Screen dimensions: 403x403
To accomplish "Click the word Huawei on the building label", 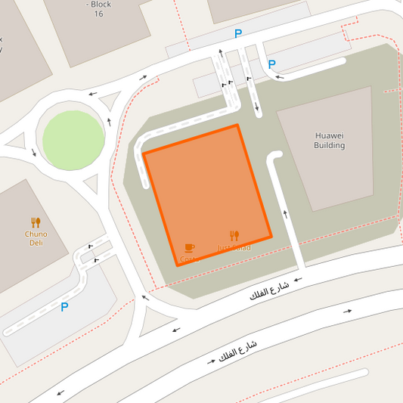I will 329,136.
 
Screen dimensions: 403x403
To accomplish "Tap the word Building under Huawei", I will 329,145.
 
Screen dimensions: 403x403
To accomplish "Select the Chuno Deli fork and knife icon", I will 36,222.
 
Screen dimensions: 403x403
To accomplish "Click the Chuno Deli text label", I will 36,238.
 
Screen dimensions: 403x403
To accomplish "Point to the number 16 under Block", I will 98,14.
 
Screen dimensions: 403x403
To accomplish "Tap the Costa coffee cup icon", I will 189,248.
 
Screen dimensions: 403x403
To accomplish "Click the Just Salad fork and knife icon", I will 234,236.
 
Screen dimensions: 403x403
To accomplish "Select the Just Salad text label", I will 234,247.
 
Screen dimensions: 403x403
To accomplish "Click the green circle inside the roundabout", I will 73,141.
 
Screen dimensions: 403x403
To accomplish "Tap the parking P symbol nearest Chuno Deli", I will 64,307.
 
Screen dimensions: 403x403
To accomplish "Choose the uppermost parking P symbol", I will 238,34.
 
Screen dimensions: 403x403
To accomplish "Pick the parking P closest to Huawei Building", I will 271,64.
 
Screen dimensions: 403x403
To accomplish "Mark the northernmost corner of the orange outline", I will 237,125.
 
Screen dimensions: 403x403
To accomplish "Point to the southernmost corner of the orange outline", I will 178,265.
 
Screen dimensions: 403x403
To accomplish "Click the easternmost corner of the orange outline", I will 271,237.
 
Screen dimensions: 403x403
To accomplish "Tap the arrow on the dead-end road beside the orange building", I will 286,214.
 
